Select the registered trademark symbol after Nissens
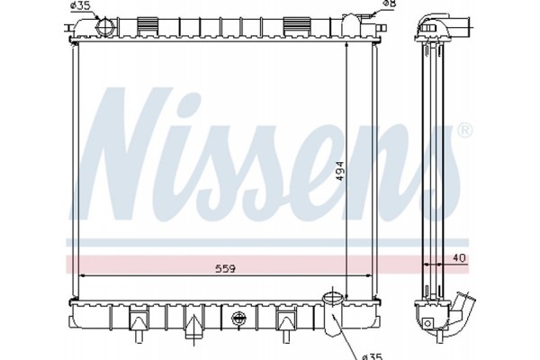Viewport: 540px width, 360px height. point(464,131)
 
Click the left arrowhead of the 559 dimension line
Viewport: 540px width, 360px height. point(83,275)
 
